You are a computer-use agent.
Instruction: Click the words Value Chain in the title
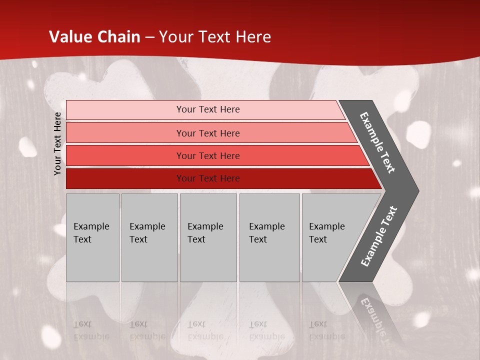94,37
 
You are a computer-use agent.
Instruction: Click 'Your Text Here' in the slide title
215,37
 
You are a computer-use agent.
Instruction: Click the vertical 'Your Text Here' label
58,143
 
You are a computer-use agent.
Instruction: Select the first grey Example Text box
92,237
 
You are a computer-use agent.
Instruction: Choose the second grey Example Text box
149,237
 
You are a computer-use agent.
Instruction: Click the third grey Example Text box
208,237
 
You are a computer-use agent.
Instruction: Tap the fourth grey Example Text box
269,237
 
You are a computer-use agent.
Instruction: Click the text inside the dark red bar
208,178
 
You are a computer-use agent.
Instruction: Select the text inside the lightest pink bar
208,109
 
